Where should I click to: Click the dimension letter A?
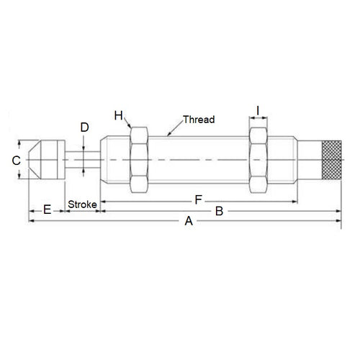tap(189, 222)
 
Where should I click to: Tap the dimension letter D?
tap(84, 127)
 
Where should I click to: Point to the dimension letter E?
tap(47, 210)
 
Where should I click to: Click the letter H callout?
tap(119, 116)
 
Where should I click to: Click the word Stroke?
tap(82, 205)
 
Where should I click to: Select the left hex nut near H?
tap(138, 161)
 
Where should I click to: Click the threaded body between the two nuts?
tap(198, 161)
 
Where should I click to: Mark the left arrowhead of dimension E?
tap(30, 211)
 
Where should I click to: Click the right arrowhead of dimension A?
tap(338, 222)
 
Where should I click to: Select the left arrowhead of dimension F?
tap(102, 198)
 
